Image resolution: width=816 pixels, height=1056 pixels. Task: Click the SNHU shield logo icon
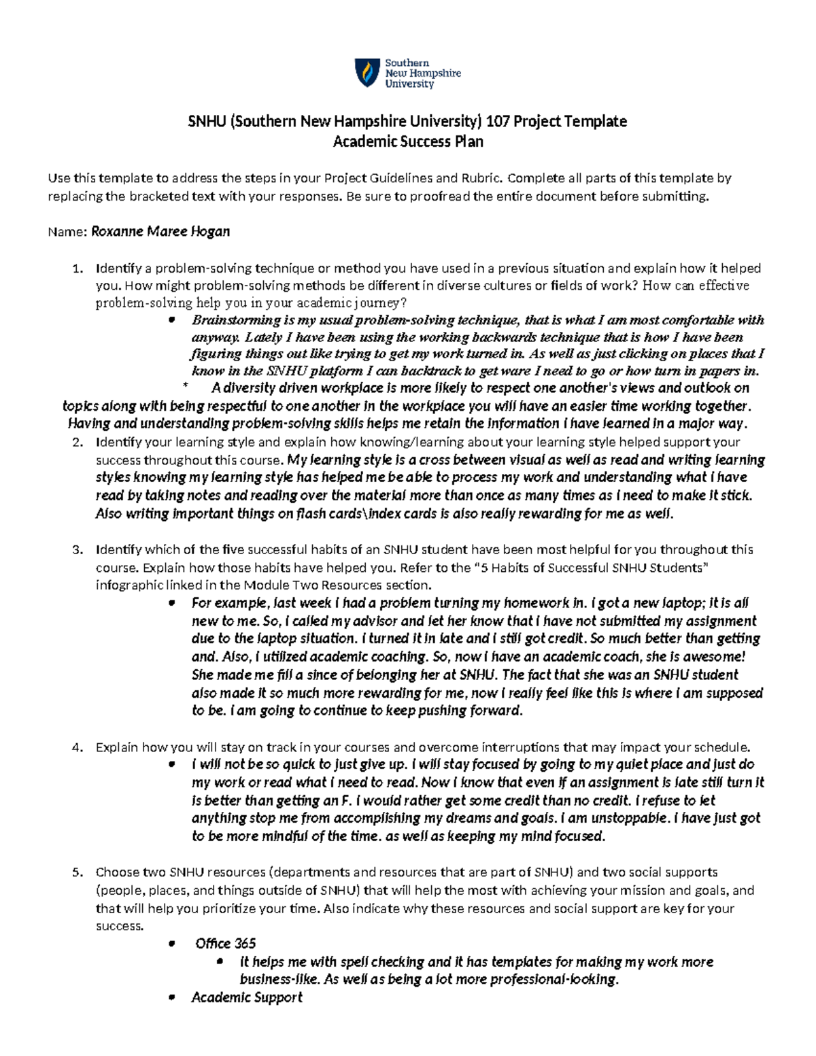click(367, 73)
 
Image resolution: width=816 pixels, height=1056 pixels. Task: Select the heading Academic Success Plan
click(408, 141)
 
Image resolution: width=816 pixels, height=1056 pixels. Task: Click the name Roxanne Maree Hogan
click(160, 231)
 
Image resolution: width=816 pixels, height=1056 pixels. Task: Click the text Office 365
click(226, 944)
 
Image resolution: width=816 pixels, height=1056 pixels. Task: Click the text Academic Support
click(247, 998)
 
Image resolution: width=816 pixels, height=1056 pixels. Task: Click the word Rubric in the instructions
click(482, 179)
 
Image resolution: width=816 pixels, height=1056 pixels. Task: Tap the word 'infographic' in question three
click(129, 585)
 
